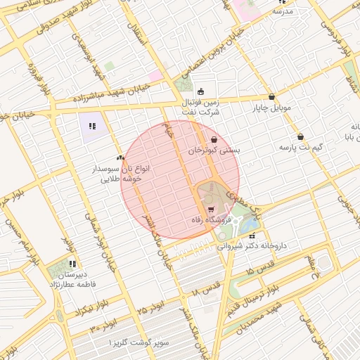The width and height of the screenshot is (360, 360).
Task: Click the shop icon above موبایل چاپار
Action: coord(272,97)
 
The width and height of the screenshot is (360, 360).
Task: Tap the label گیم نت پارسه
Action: coord(302,148)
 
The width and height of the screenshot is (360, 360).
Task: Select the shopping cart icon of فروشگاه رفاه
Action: coord(211,210)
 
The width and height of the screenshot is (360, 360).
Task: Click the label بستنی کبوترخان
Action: coord(214,150)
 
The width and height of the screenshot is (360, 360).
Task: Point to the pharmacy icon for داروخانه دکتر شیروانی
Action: coord(252,236)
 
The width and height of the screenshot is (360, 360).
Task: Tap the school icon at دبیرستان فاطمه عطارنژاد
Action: coord(73,264)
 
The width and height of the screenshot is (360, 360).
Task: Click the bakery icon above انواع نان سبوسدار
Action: coord(120,158)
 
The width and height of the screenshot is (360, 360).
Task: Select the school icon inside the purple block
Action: coord(91,127)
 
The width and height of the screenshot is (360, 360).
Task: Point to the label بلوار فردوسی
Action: coord(337,34)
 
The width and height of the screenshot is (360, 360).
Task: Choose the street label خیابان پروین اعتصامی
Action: coord(211,55)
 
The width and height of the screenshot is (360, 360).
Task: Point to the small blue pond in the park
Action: coord(247,226)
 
